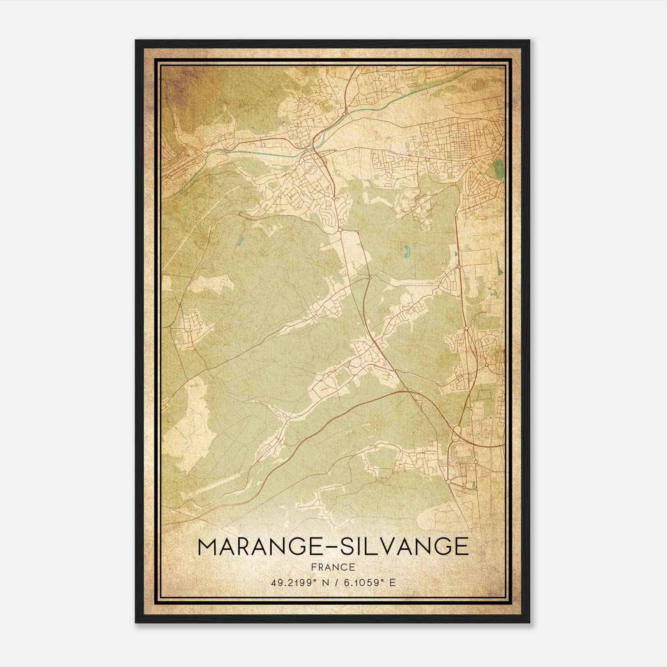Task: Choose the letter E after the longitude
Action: pos(392,583)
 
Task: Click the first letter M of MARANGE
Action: pos(208,547)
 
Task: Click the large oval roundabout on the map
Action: pos(457,430)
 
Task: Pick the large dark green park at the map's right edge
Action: pos(498,169)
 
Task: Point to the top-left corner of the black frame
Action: pos(136,41)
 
